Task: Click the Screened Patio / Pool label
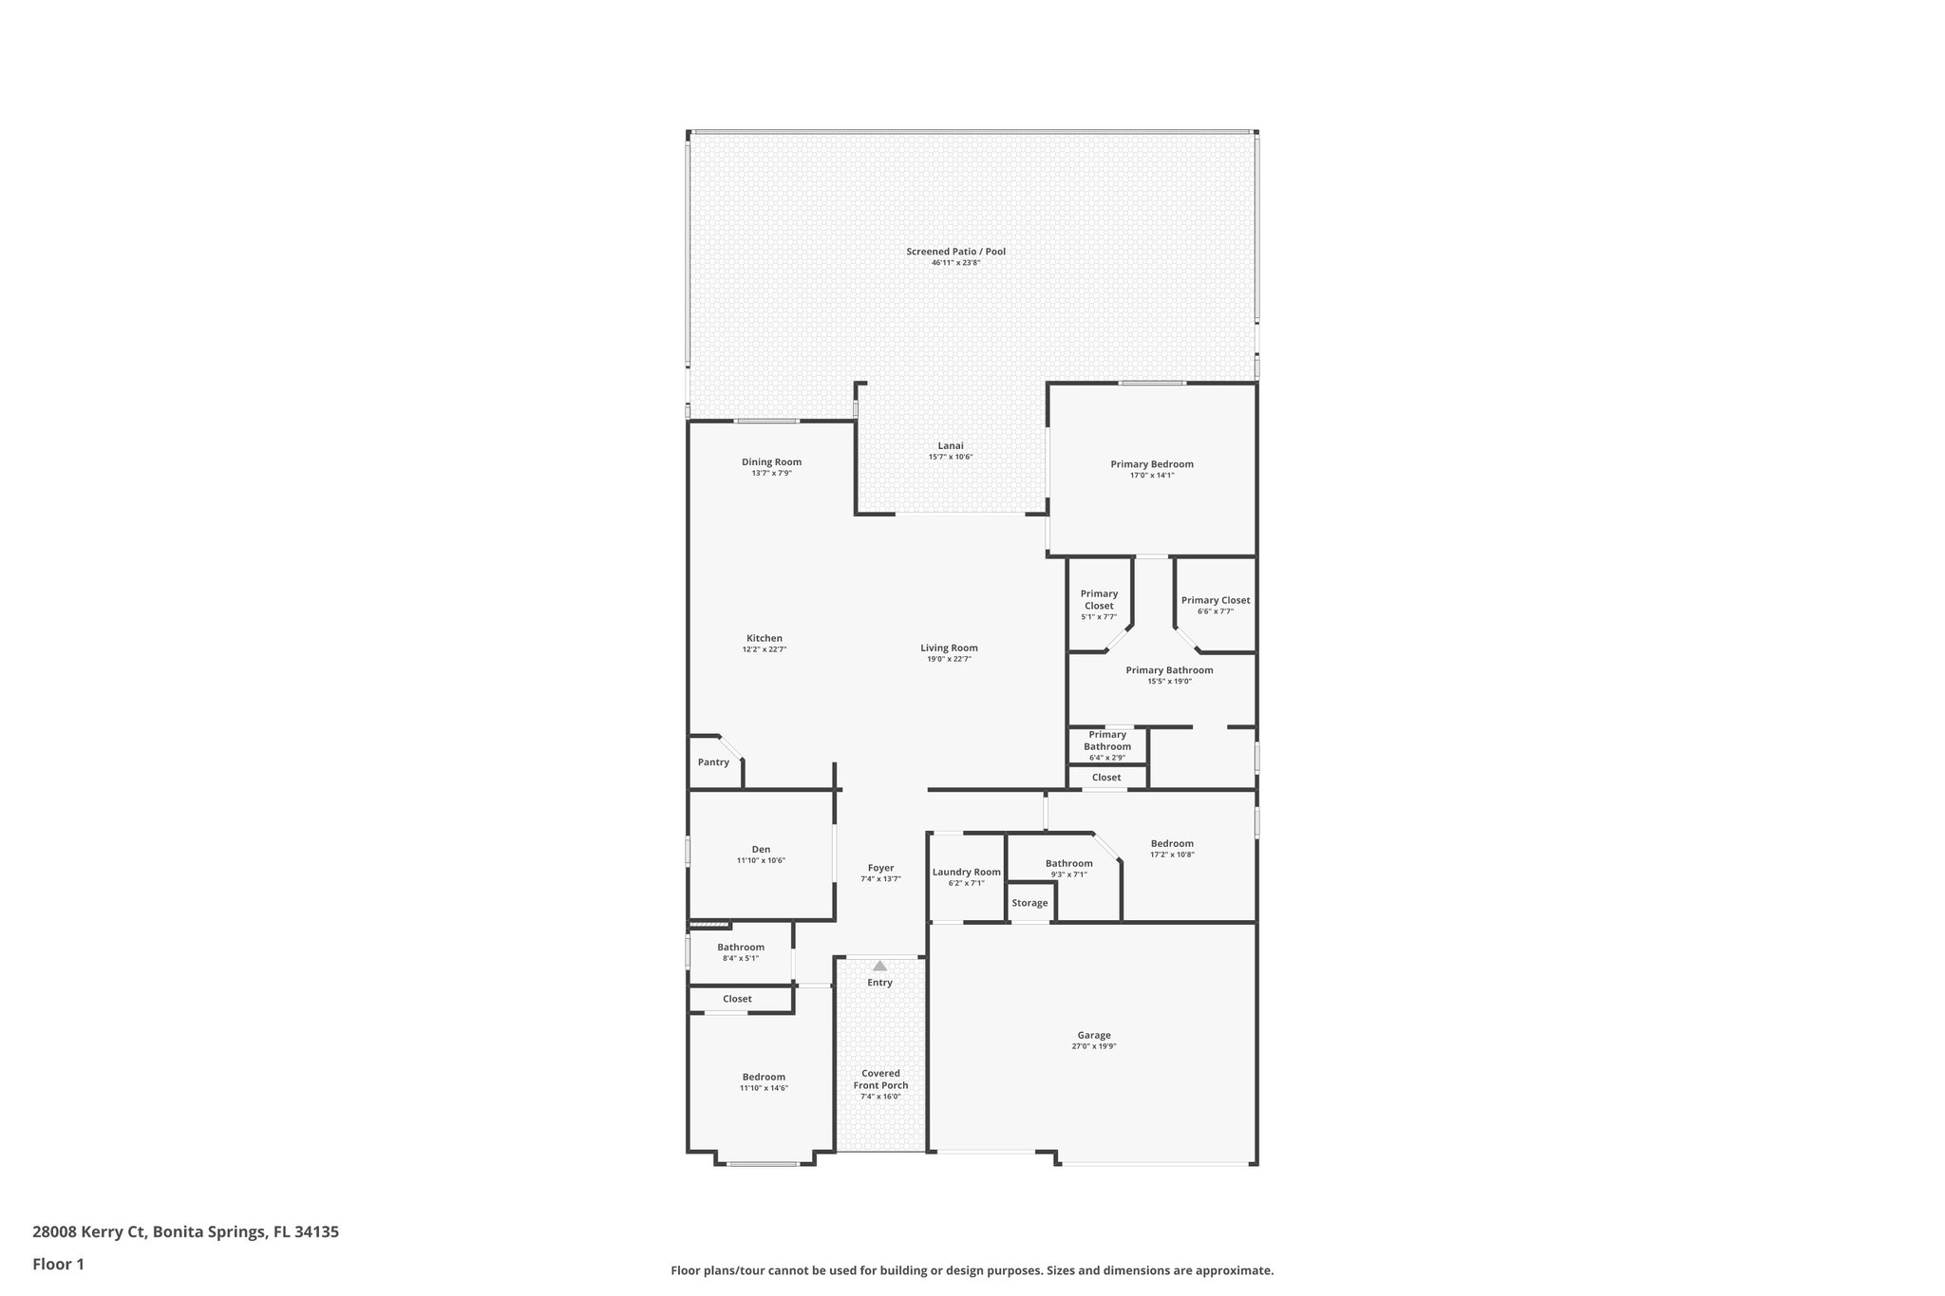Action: pos(955,252)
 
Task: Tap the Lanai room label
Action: pos(951,445)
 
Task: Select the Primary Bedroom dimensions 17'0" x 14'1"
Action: pos(1152,476)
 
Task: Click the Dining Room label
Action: pos(771,462)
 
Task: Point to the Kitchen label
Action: pos(765,638)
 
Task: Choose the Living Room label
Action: pos(949,648)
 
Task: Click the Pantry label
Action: pos(713,762)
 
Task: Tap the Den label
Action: pos(761,849)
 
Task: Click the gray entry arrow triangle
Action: pos(879,966)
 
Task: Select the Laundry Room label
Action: pos(966,872)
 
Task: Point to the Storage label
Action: pos(1029,903)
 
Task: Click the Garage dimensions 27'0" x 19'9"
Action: pos(1094,1046)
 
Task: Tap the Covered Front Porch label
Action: pos(880,1079)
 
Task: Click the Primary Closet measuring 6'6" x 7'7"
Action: pos(1216,600)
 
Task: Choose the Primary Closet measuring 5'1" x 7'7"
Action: pos(1099,599)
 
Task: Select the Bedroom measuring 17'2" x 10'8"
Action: pos(1172,843)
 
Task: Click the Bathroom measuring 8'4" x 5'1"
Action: pos(741,947)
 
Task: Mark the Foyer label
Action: pos(880,868)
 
